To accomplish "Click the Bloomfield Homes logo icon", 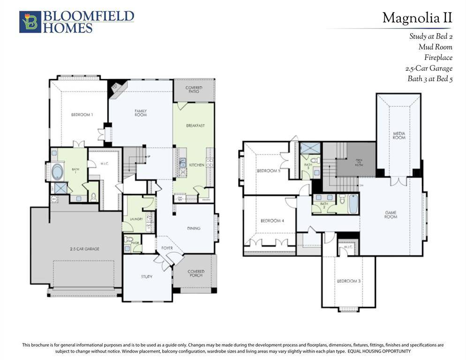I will (30, 22).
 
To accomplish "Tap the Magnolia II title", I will (417, 18).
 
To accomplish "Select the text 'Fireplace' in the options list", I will (438, 58).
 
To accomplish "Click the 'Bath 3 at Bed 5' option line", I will (429, 79).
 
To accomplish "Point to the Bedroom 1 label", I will (82, 115).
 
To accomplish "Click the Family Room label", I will (141, 113).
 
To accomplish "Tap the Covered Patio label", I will (194, 90).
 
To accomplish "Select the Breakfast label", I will (195, 126).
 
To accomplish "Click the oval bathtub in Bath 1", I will (59, 172).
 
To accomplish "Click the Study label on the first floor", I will (147, 277).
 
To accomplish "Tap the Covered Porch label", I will (196, 274).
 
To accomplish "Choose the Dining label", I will (194, 228).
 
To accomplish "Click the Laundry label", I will (130, 219).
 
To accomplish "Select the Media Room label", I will (398, 135).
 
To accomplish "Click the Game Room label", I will (391, 215).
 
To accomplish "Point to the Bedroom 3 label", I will (348, 281).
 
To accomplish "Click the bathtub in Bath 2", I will (353, 204).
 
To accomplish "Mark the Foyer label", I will (167, 248).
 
